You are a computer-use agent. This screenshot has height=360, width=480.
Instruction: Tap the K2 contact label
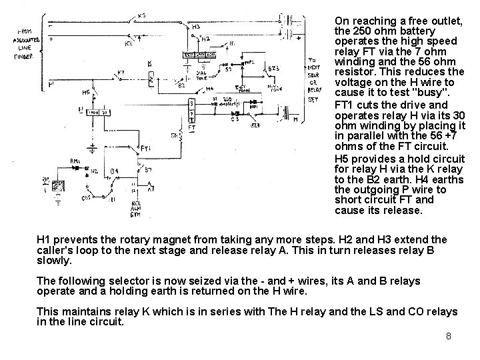pos(129,44)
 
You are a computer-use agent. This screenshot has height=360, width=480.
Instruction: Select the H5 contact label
pos(87,92)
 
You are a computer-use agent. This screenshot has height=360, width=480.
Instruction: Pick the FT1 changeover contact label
pos(146,148)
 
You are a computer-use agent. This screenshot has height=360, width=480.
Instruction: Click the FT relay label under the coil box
pos(192,127)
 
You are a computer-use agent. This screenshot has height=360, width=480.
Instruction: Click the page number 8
pos(449,336)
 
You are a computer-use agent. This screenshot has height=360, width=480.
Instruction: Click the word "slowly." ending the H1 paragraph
pos(53,259)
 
